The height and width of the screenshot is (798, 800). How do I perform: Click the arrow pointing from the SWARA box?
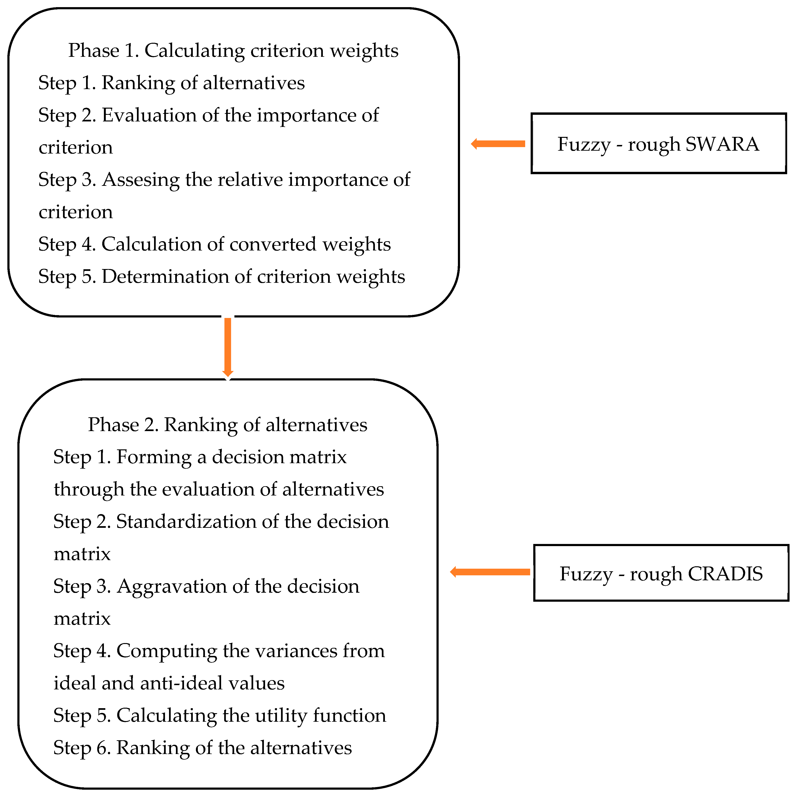click(498, 144)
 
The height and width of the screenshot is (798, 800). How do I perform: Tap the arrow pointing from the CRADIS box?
click(490, 572)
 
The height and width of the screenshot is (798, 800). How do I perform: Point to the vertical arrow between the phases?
click(227, 347)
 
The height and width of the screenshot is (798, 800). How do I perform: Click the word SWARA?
click(722, 144)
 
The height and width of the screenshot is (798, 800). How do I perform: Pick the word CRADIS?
click(725, 574)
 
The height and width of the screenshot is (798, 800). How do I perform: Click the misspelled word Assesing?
click(141, 180)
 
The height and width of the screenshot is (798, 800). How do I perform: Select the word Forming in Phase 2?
click(154, 457)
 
